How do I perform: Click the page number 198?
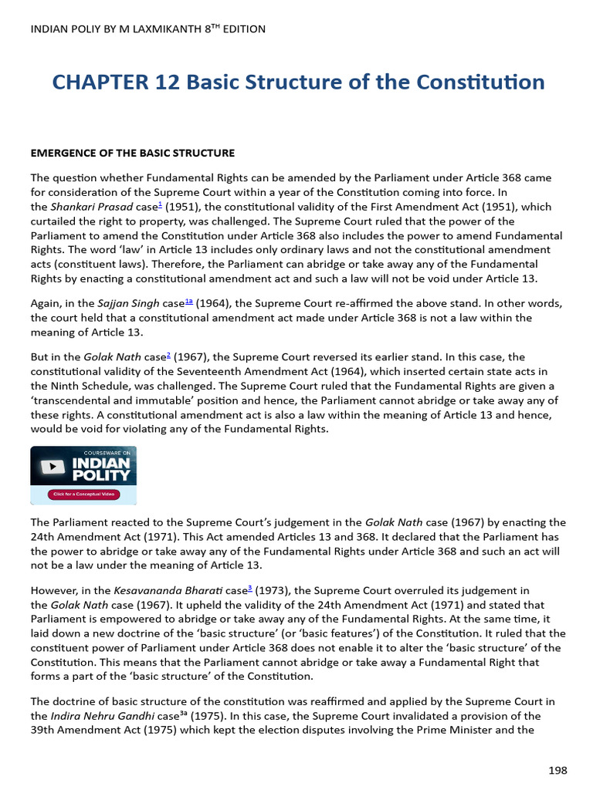[x=557, y=770]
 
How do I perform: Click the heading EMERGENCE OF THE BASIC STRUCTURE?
[x=132, y=153]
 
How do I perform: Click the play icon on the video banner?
[x=52, y=467]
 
